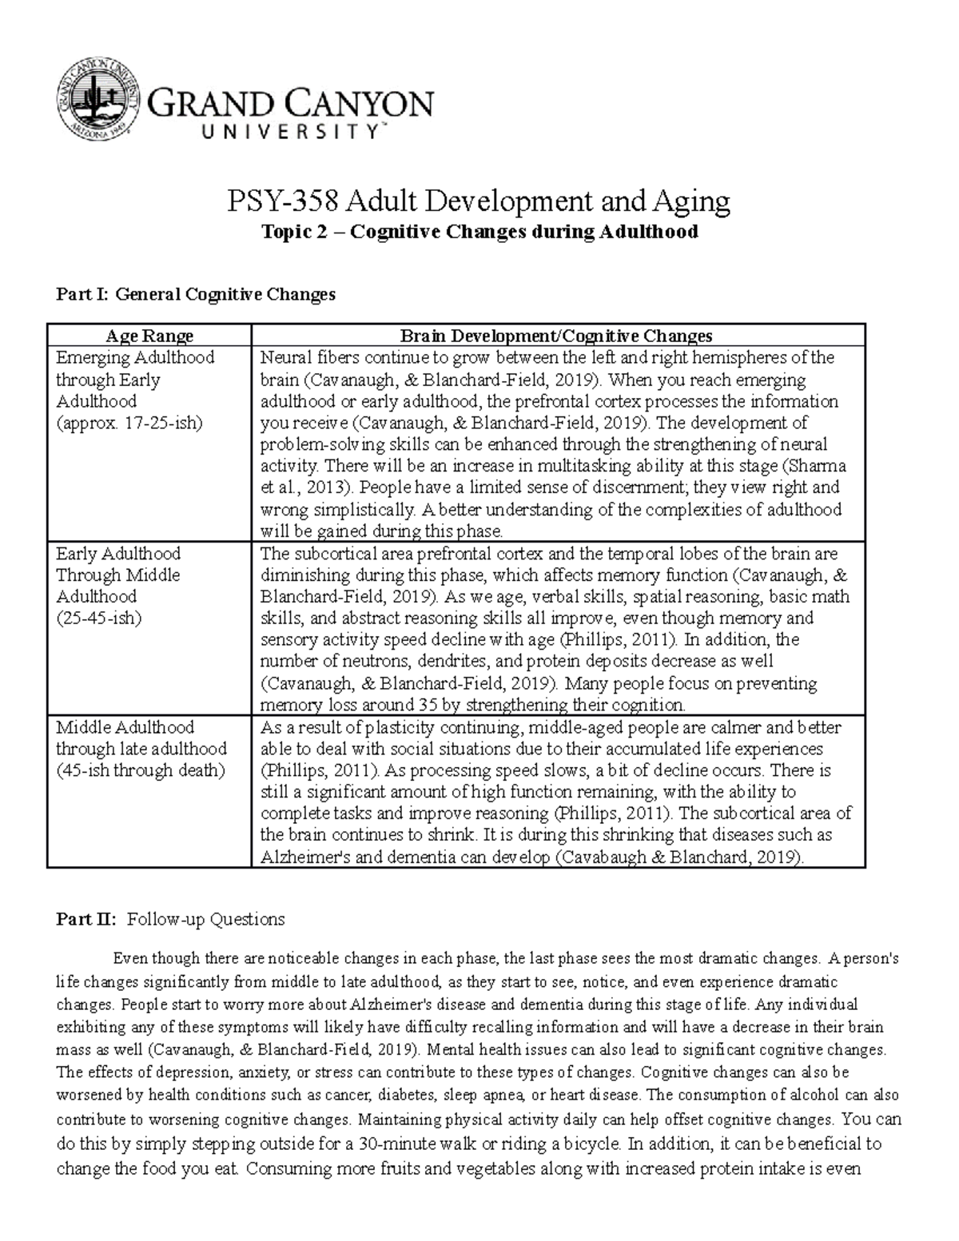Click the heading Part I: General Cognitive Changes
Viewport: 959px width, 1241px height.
tap(196, 294)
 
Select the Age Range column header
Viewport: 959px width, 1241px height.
tap(149, 336)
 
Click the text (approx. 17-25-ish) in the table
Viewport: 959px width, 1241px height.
tap(129, 423)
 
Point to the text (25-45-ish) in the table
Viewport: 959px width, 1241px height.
tap(98, 618)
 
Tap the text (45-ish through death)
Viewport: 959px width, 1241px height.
tap(141, 770)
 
